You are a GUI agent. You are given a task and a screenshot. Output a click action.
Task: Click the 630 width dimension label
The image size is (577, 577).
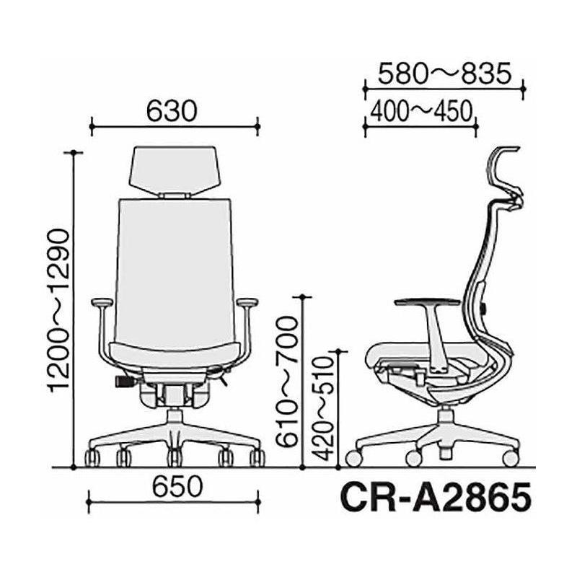click(x=172, y=111)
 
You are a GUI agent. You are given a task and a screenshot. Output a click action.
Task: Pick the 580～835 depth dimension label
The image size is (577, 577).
click(x=444, y=74)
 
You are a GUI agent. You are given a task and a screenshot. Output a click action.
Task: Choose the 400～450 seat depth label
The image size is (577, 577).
click(x=421, y=111)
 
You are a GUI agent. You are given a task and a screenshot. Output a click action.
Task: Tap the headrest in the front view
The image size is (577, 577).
click(x=174, y=170)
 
